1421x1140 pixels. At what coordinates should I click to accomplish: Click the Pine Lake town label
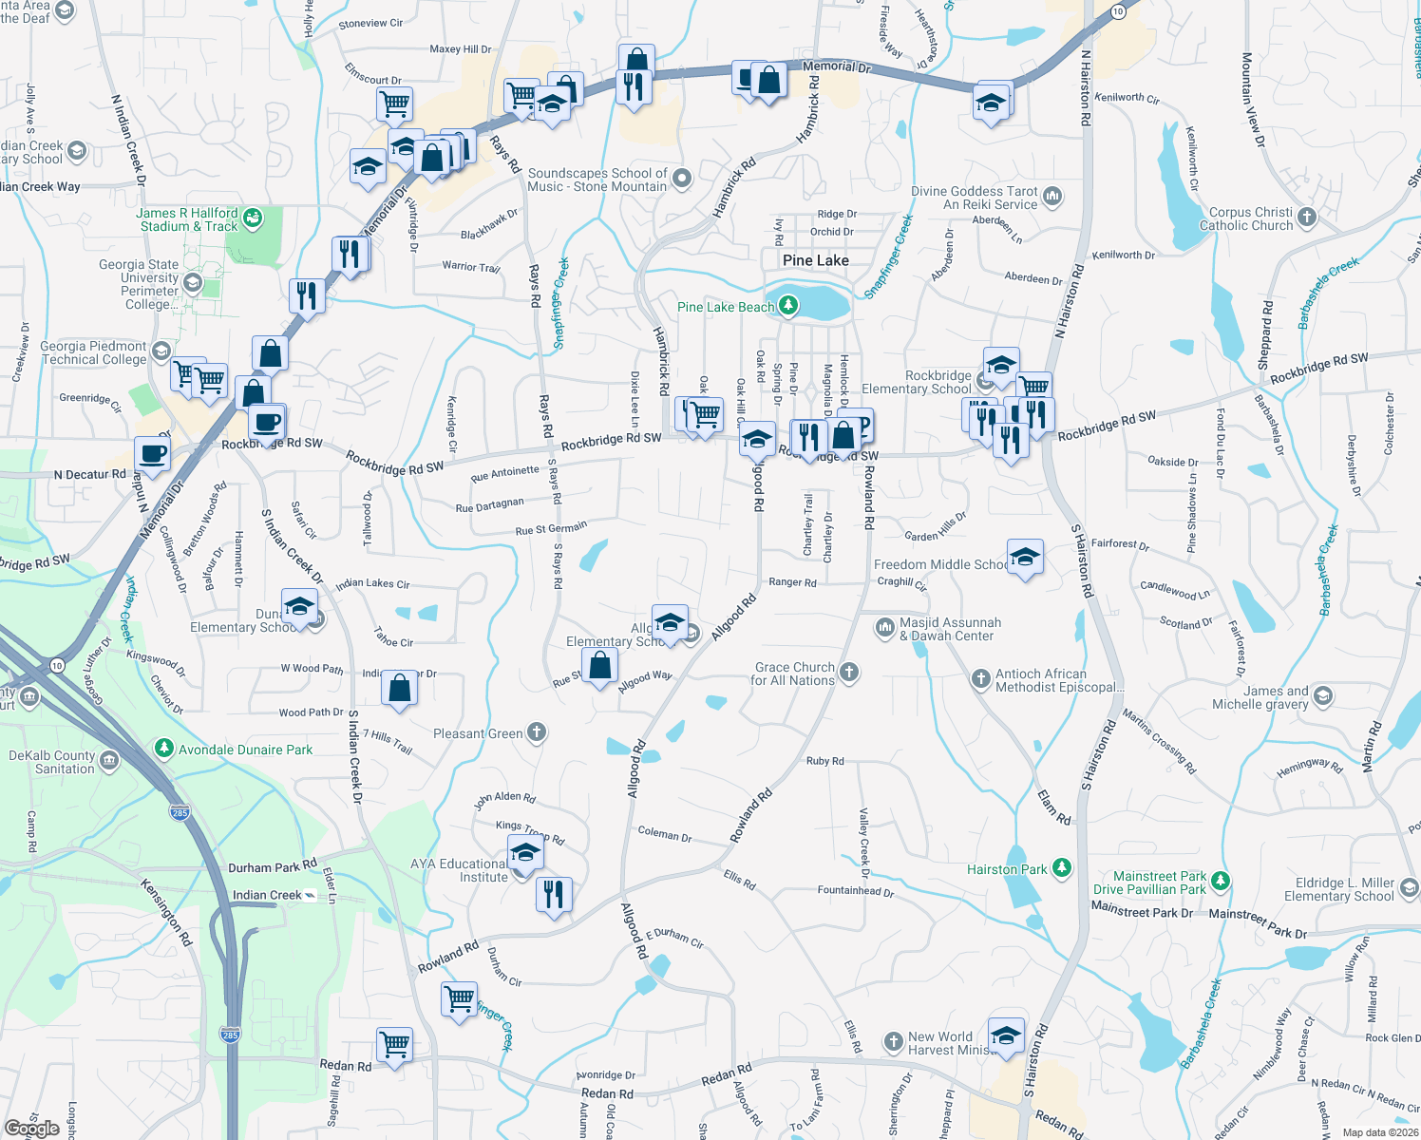tap(815, 260)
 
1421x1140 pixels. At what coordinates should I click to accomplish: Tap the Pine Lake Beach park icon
tap(788, 305)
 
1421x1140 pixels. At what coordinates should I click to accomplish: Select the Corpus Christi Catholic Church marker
tap(1307, 218)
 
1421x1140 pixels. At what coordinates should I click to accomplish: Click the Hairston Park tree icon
tap(1062, 868)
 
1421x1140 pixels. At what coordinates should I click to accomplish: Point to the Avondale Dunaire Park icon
tap(164, 749)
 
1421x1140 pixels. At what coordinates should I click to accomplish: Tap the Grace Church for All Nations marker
tap(849, 673)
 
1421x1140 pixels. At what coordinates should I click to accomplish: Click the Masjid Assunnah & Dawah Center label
tap(950, 629)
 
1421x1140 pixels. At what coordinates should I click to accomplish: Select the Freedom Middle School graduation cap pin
tap(1024, 558)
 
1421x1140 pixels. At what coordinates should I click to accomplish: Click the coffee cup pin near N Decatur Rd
tap(152, 453)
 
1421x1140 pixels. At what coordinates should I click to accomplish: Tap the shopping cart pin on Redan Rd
tap(394, 1044)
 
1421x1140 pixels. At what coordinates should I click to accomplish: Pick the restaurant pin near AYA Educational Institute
tap(553, 895)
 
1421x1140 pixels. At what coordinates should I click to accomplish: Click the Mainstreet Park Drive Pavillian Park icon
tap(1221, 882)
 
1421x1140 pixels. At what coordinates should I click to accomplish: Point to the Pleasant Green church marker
tap(537, 731)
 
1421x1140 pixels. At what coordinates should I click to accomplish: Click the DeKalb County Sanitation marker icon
tap(109, 760)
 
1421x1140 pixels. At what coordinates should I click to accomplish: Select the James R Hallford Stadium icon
tap(253, 218)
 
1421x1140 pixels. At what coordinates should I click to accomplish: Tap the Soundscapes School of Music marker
tap(681, 179)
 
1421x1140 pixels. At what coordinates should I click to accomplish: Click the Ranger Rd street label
tap(792, 582)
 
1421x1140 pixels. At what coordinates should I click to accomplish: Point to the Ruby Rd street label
tap(824, 761)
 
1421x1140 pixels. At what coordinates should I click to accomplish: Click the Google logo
tap(32, 1129)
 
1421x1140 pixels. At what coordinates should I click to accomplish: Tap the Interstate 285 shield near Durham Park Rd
tap(180, 812)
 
